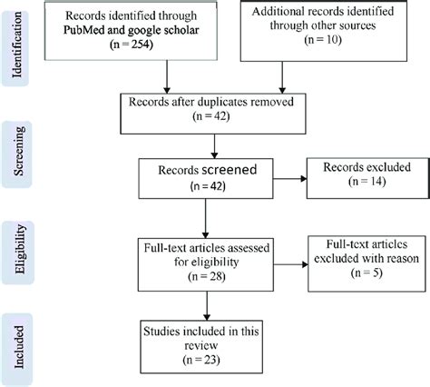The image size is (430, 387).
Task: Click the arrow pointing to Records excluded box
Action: click(289, 178)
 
